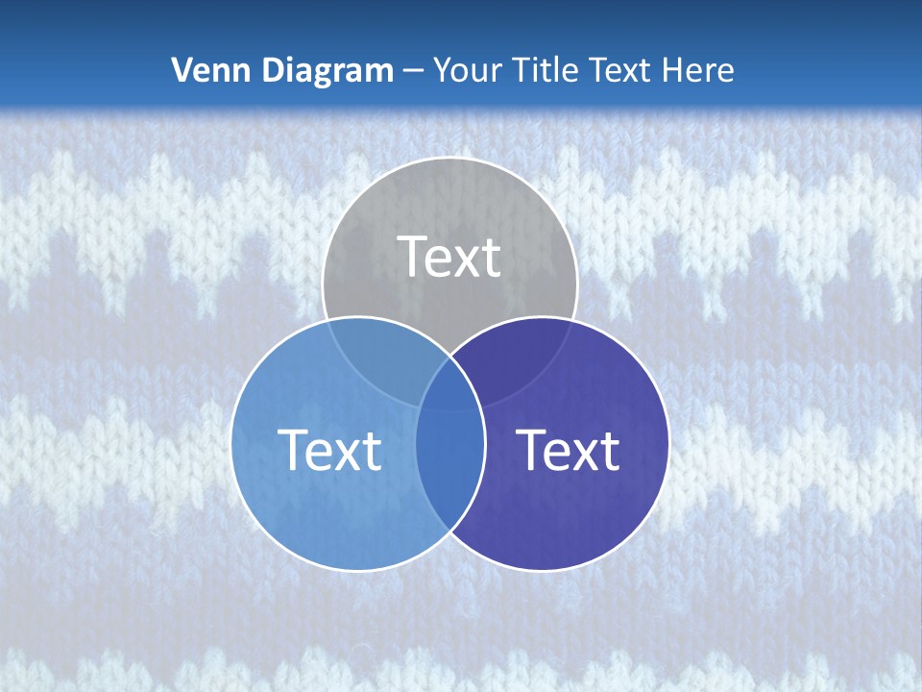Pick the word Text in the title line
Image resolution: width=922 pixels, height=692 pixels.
(x=620, y=70)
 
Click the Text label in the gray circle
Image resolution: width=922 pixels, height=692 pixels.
(x=449, y=257)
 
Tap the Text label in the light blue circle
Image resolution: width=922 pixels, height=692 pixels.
(x=329, y=450)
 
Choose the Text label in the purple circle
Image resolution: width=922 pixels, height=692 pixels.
(x=568, y=450)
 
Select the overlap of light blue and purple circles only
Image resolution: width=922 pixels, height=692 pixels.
(x=449, y=471)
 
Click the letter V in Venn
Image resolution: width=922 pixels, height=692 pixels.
(x=182, y=70)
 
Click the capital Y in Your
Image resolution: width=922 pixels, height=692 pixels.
(x=442, y=70)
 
